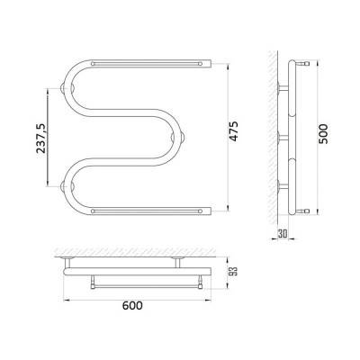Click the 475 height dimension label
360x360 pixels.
coord(234,131)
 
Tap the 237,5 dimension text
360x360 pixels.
coord(41,139)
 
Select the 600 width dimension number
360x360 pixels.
coord(132,306)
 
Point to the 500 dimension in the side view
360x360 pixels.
coord(323,134)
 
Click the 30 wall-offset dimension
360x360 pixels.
coord(283,234)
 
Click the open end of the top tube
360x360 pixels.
coord(210,63)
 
